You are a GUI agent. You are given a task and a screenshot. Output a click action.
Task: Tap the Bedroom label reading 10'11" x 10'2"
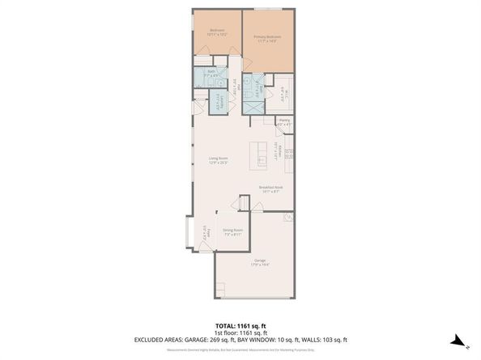click(x=216, y=34)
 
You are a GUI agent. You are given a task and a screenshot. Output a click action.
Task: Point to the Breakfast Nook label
click(x=270, y=188)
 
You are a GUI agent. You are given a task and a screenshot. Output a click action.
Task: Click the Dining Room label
click(x=233, y=231)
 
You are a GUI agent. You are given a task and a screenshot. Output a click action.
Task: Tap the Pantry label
click(x=284, y=122)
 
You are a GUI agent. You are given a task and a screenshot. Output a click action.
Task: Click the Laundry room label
click(x=216, y=102)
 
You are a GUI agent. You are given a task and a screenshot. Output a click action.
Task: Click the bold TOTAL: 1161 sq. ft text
click(x=240, y=325)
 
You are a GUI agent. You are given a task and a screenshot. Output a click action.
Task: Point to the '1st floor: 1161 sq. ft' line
click(x=240, y=332)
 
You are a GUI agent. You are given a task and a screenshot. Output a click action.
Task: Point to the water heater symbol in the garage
click(x=288, y=218)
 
